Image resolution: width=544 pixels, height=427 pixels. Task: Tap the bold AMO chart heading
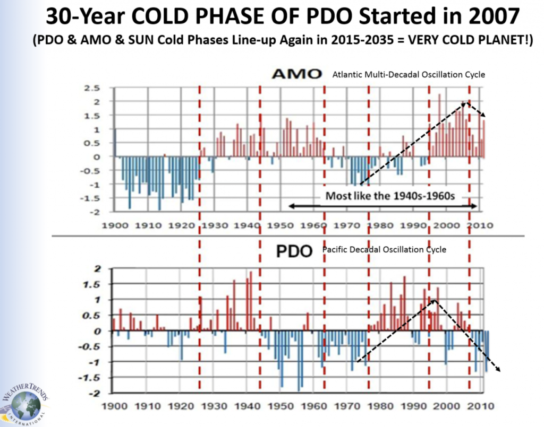296,75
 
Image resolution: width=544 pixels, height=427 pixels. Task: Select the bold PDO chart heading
294,251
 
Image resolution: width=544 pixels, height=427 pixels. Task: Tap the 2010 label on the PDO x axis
483,407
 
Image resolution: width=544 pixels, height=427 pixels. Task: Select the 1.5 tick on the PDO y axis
96,284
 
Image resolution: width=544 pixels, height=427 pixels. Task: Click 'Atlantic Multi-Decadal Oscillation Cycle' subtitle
409,75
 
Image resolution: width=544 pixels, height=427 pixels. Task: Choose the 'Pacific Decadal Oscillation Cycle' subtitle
384,249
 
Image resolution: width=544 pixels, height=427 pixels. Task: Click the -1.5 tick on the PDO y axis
93,378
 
